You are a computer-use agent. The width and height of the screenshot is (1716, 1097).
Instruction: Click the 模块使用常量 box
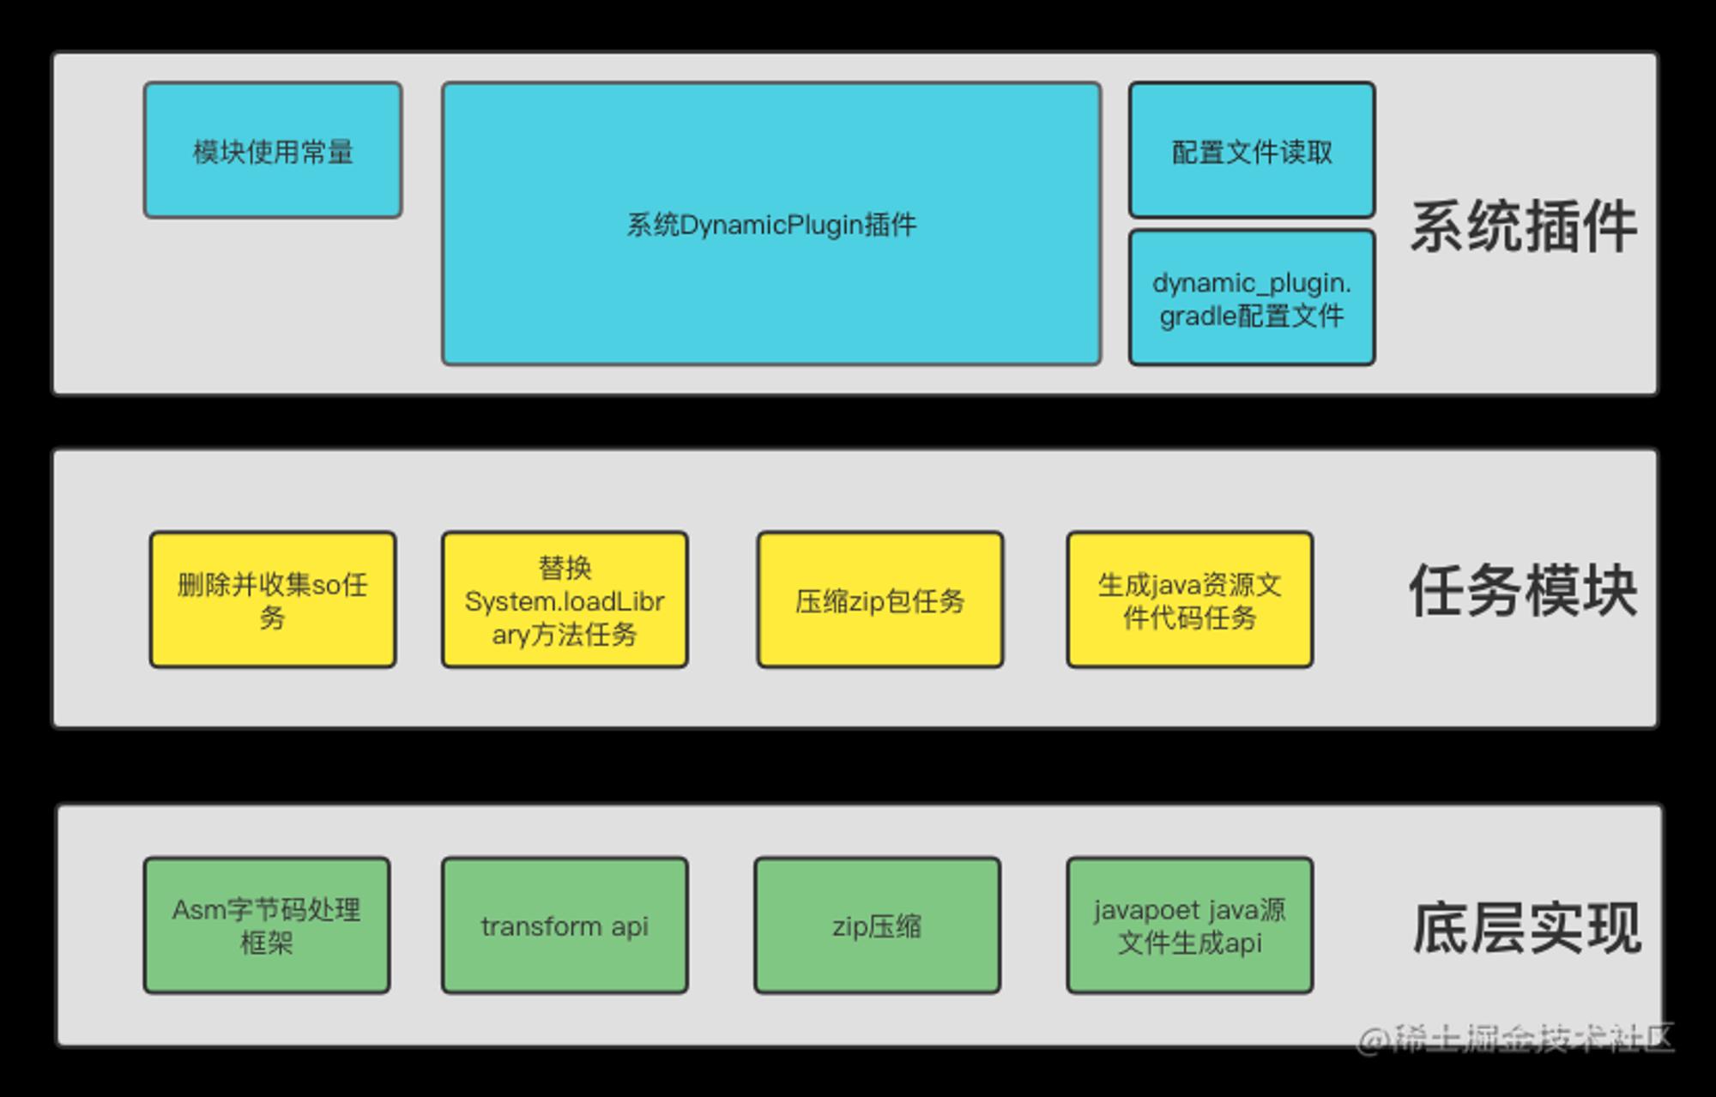(x=273, y=150)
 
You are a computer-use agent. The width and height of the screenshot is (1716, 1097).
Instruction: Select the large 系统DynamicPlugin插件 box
(x=771, y=224)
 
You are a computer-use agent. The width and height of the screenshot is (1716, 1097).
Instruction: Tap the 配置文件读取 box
(x=1252, y=150)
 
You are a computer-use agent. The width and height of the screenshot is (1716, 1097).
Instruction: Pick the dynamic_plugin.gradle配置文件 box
(x=1252, y=298)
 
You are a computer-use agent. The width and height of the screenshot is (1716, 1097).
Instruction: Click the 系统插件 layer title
(x=1524, y=226)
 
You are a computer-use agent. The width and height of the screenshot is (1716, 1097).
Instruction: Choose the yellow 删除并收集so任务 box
(x=273, y=600)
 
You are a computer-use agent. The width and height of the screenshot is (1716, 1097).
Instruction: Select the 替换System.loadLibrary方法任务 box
(x=565, y=600)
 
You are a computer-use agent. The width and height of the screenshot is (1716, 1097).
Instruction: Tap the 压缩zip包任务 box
(x=880, y=600)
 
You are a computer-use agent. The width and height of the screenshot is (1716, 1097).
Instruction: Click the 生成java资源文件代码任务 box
(x=1190, y=600)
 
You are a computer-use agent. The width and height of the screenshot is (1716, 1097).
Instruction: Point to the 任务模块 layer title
(x=1524, y=590)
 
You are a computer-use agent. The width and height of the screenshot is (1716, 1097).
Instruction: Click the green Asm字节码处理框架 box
(x=267, y=925)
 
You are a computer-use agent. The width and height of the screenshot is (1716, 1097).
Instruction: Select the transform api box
(x=565, y=925)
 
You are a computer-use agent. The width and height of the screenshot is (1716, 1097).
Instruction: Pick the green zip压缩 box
(x=878, y=925)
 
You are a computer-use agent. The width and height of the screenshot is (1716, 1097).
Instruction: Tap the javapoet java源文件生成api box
(x=1190, y=925)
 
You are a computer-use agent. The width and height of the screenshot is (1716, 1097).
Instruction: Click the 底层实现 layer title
(x=1527, y=928)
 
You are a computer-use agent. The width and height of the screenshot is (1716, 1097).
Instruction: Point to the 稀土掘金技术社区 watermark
(x=1515, y=1039)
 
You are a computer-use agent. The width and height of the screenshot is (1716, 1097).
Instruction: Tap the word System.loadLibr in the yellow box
(x=565, y=601)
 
